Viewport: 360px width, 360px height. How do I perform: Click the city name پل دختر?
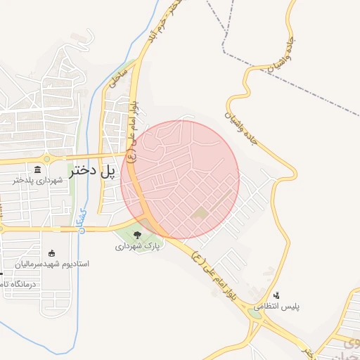(92, 170)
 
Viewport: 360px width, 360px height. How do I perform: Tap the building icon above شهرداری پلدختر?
(38, 170)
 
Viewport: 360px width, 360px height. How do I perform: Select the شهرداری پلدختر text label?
(38, 181)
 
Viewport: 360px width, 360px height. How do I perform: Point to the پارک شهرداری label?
(138, 247)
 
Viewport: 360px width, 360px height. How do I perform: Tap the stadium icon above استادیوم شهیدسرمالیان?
(51, 253)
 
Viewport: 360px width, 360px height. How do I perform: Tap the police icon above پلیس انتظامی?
(276, 296)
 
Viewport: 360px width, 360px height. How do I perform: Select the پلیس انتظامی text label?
(276, 307)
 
